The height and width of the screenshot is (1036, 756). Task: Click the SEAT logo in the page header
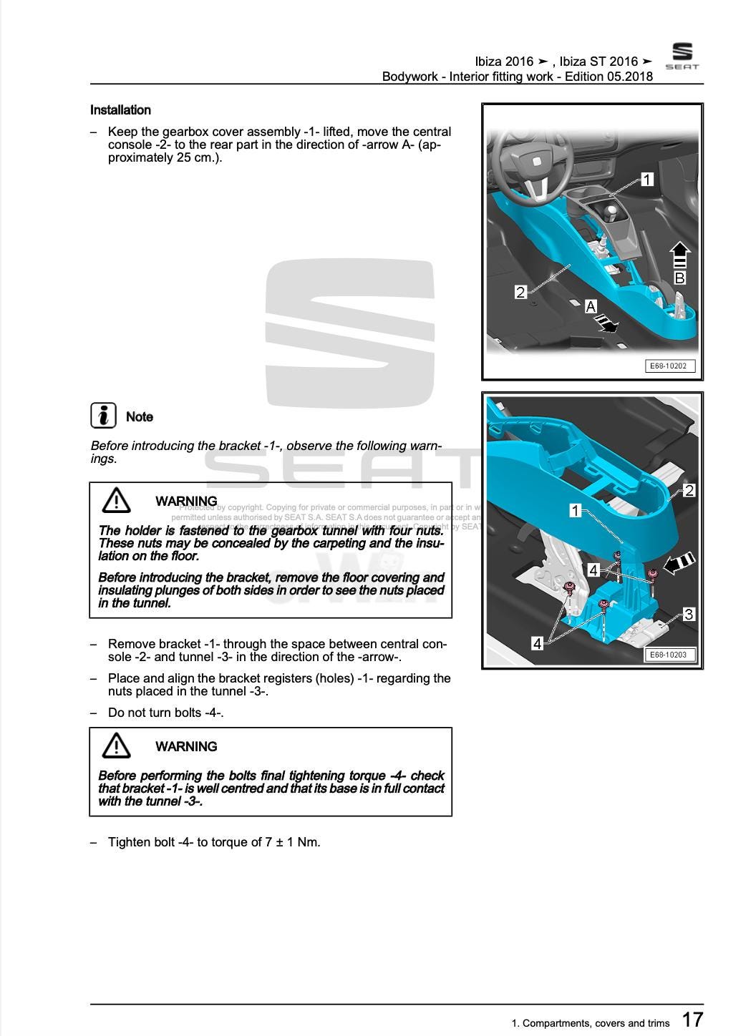pos(682,56)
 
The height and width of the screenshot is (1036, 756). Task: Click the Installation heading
pos(120,110)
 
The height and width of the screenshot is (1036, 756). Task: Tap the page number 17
pos(692,1020)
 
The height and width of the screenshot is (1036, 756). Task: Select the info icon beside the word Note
pos(104,416)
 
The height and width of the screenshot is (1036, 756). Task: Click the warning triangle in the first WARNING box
pos(116,500)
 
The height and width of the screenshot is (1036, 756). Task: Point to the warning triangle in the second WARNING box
pos(116,746)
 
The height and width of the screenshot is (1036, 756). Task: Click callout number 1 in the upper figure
pos(647,179)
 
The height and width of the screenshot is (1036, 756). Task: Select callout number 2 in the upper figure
pos(520,292)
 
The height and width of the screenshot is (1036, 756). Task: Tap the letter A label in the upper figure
pos(591,306)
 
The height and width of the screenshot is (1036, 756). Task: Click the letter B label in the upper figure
pos(680,278)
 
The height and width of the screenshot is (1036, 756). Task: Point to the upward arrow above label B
pos(679,255)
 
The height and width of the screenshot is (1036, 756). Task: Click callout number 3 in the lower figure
pos(689,614)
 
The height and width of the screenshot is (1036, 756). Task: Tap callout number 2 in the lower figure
pos(689,491)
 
